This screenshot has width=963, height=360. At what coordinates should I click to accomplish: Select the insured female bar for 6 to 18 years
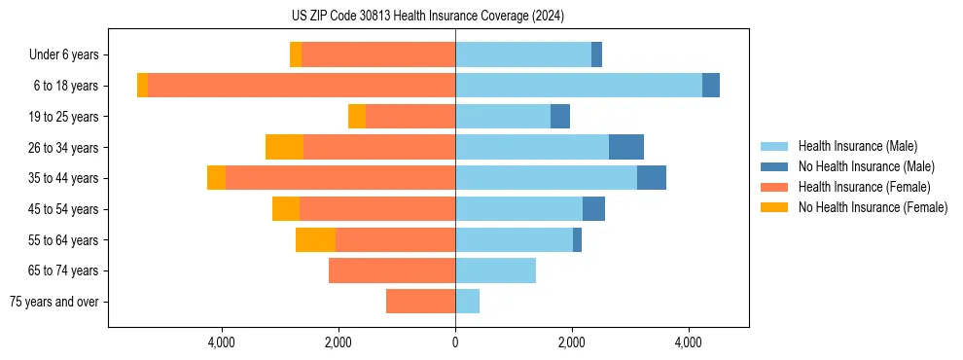(302, 86)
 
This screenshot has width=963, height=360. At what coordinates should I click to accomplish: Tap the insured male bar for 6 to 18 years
(579, 86)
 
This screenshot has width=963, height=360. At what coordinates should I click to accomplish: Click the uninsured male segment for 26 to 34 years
(626, 147)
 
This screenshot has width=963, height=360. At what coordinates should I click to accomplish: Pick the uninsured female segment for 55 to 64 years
(315, 240)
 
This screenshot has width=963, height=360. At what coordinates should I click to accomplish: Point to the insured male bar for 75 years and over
(467, 302)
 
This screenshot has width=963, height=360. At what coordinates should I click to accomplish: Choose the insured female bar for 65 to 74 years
(392, 270)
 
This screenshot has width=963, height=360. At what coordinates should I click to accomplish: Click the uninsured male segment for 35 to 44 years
(652, 178)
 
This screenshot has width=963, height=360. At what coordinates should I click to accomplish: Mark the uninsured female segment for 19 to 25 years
(357, 117)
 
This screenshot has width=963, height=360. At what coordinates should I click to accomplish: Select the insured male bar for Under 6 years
(523, 54)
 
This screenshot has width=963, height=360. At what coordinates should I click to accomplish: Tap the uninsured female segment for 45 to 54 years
(286, 209)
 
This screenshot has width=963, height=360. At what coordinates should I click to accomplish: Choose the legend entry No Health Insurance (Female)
(873, 207)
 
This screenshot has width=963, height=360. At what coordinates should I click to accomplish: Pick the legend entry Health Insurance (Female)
(864, 187)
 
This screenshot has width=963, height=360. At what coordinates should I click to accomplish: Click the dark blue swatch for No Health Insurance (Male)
(774, 166)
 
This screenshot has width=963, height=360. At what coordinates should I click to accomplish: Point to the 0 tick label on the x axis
(455, 342)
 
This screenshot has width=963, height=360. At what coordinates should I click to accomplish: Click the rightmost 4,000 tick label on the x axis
(689, 342)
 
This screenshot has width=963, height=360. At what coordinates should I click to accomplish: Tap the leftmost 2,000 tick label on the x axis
(339, 342)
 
